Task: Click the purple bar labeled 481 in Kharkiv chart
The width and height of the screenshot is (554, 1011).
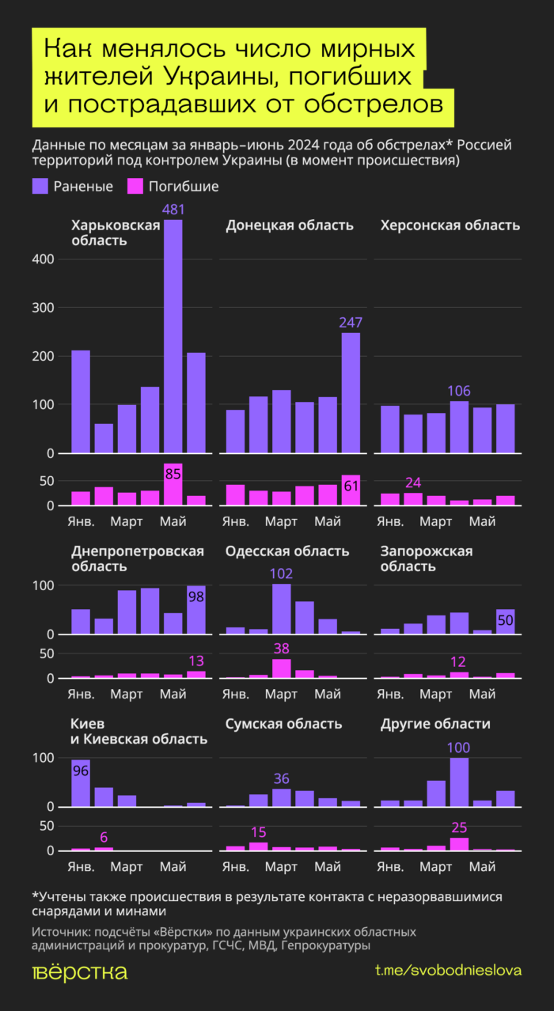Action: pyautogui.click(x=173, y=336)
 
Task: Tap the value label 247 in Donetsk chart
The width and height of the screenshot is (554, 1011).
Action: pyautogui.click(x=351, y=321)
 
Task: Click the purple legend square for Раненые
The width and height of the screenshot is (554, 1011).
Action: pyautogui.click(x=40, y=187)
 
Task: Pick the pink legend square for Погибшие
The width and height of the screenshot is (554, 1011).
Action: pyautogui.click(x=135, y=187)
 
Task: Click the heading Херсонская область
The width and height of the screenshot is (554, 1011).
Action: pyautogui.click(x=450, y=225)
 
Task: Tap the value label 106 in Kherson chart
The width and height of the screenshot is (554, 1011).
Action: pyautogui.click(x=459, y=391)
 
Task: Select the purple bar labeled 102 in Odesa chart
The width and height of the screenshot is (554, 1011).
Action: pyautogui.click(x=282, y=608)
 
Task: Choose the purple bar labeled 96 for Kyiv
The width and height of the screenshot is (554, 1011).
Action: pyautogui.click(x=81, y=782)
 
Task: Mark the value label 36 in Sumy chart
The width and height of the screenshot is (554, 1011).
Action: pyautogui.click(x=282, y=778)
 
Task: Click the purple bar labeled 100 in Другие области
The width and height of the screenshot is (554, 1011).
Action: pyautogui.click(x=459, y=782)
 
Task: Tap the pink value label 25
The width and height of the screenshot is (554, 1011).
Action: pyautogui.click(x=460, y=827)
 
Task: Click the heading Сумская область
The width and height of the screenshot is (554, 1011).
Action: pyautogui.click(x=283, y=724)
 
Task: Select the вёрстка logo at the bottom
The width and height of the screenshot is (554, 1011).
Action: pyautogui.click(x=79, y=972)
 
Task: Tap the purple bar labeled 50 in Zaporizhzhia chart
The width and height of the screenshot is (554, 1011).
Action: pyautogui.click(x=505, y=621)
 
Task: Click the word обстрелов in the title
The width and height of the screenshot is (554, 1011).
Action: pyautogui.click(x=381, y=104)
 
